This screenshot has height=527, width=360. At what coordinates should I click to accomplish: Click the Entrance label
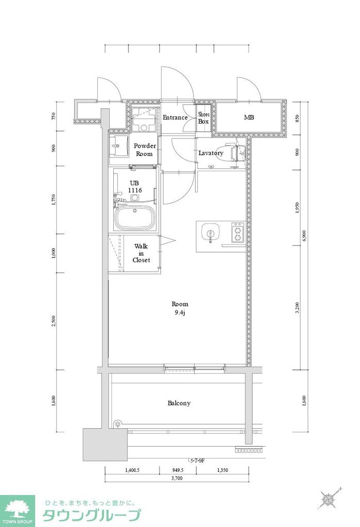(175, 117)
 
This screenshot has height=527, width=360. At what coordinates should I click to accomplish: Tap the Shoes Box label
(204, 118)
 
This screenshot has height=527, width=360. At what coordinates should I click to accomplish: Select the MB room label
(249, 117)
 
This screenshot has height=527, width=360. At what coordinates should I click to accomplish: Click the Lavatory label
(211, 153)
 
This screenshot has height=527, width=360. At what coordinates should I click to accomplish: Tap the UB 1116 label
(135, 187)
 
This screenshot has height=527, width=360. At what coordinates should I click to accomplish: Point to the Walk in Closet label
(141, 253)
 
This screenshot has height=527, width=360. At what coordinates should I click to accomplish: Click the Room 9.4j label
(180, 308)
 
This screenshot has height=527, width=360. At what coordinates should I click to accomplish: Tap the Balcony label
(179, 403)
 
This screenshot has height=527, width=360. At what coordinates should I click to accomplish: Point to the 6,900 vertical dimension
(304, 235)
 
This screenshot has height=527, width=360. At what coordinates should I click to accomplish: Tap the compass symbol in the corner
(328, 498)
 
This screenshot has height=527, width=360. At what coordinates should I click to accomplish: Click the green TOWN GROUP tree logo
(17, 510)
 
